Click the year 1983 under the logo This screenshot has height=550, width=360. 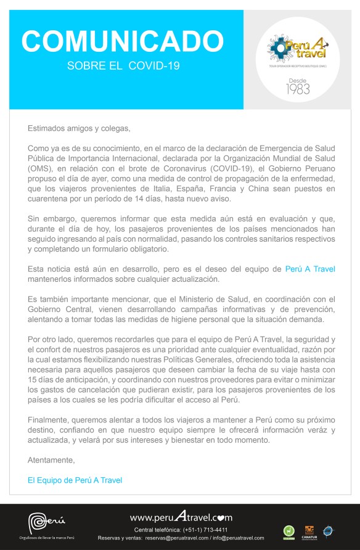(x=298, y=89)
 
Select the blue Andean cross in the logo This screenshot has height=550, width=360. (x=277, y=47)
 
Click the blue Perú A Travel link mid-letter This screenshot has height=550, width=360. (x=310, y=269)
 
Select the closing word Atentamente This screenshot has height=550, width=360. (x=51, y=460)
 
